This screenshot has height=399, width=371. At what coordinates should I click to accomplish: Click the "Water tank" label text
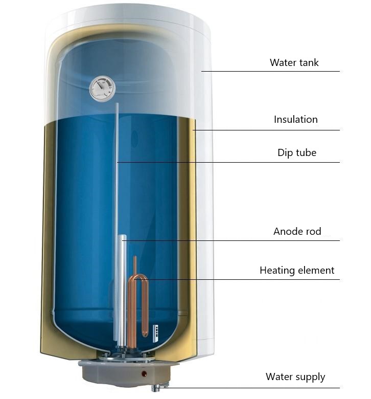pyautogui.click(x=294, y=62)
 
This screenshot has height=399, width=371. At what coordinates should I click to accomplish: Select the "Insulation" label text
pyautogui.click(x=295, y=119)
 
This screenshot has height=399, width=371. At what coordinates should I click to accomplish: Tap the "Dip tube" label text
pyautogui.click(x=297, y=152)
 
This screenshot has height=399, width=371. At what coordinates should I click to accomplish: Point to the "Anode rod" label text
pyautogui.click(x=297, y=231)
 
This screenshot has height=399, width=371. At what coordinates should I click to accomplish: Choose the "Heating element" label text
pyautogui.click(x=297, y=270)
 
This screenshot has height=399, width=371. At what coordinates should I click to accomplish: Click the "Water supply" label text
pyautogui.click(x=295, y=377)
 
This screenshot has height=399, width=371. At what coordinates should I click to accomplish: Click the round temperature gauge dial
pyautogui.click(x=102, y=88)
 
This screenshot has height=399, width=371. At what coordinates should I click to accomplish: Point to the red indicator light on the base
pyautogui.click(x=144, y=373)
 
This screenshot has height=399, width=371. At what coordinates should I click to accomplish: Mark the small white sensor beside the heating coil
pyautogui.click(x=155, y=332)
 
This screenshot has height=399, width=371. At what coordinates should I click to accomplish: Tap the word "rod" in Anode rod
pyautogui.click(x=314, y=231)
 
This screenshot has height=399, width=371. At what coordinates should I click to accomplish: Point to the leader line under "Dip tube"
pyautogui.click(x=228, y=162)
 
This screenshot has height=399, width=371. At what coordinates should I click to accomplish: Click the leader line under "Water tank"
pyautogui.click(x=270, y=71)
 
